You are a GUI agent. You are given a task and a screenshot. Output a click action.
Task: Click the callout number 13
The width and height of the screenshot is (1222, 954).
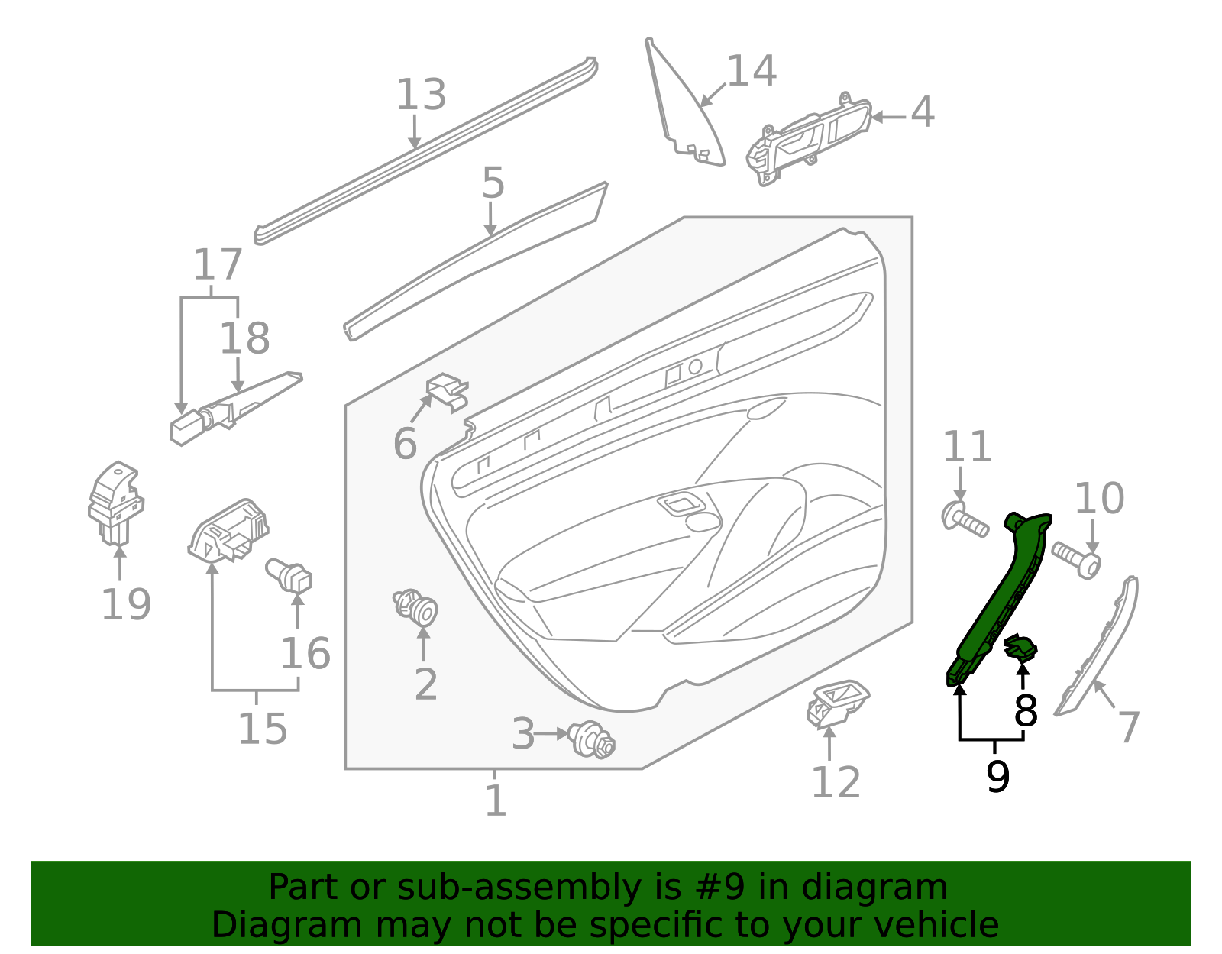[x=421, y=95]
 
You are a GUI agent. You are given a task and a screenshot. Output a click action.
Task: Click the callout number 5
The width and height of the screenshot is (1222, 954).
[x=493, y=184]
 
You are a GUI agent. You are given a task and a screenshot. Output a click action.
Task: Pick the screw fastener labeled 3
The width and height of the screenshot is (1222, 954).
[x=593, y=739]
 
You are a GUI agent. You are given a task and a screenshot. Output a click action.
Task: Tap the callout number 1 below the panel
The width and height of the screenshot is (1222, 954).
[x=496, y=800]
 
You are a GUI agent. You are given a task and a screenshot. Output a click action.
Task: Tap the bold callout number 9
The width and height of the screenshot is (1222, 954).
[x=997, y=777]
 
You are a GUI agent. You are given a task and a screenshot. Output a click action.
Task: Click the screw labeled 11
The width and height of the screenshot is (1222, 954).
[x=965, y=520]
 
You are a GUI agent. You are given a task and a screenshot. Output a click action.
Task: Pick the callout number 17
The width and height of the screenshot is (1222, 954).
[x=218, y=265]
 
